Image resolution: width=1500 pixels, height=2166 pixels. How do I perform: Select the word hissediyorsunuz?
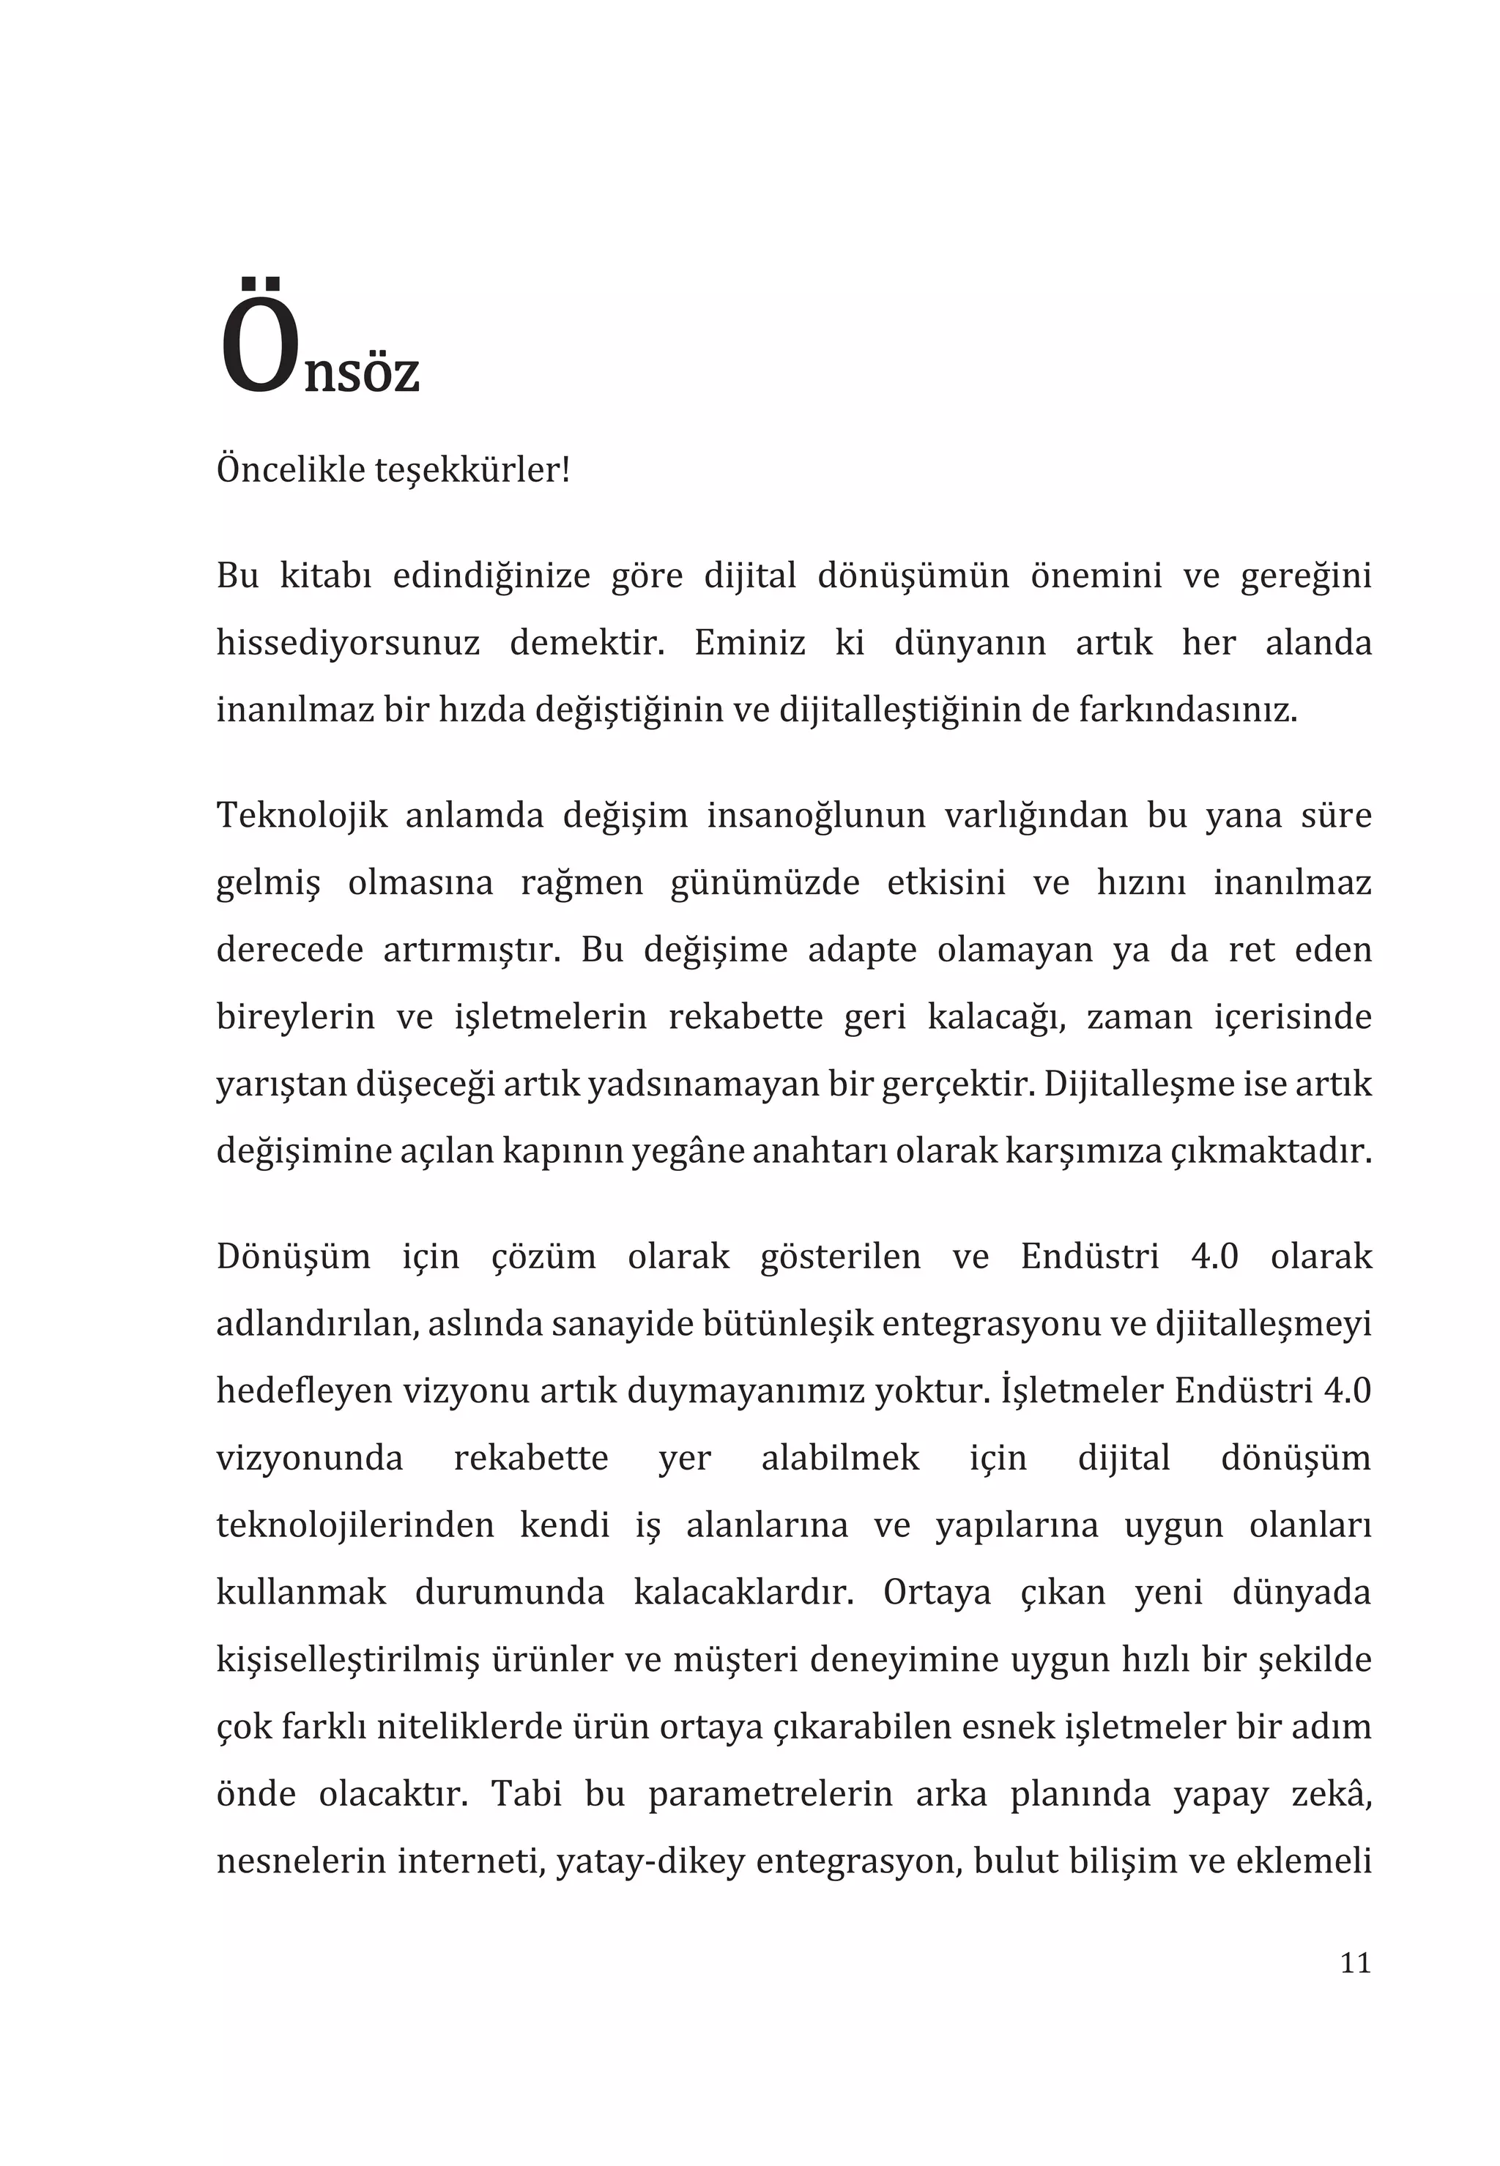tap(348, 644)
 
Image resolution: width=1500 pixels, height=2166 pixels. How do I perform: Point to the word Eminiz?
tap(750, 644)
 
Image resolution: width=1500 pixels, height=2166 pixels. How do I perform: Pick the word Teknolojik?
tap(302, 816)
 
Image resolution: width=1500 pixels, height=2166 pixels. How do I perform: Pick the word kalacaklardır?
tap(743, 1592)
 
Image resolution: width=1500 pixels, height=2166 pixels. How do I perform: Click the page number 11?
tap(1355, 1963)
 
